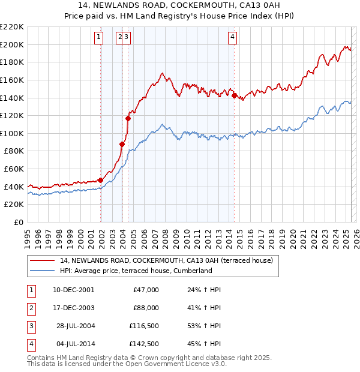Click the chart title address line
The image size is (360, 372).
[179, 6]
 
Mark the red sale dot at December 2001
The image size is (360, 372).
[101, 180]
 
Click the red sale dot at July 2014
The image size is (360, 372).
[234, 95]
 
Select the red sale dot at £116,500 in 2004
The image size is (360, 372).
[128, 118]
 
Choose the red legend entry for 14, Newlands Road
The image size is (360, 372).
[166, 260]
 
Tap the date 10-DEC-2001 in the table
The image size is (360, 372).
[74, 289]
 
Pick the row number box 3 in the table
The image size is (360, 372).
[30, 326]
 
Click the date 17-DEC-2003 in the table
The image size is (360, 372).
[74, 308]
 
